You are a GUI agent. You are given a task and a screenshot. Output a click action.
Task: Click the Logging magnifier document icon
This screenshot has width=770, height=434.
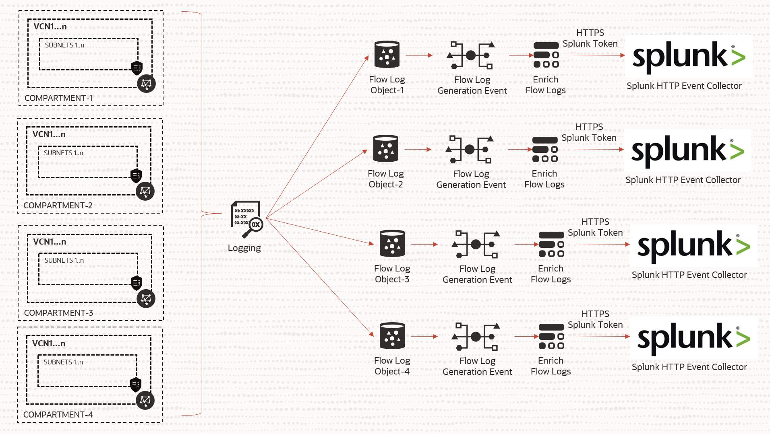point(246,219)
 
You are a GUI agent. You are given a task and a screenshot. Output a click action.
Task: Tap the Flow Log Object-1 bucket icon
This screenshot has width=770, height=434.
point(387,55)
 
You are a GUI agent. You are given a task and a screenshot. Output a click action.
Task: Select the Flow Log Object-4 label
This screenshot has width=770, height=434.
point(392,366)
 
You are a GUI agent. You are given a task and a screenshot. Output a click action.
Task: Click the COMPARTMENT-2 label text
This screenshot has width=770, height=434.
point(58,206)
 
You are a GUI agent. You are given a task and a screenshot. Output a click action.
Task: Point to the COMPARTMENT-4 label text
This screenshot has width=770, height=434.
point(58,415)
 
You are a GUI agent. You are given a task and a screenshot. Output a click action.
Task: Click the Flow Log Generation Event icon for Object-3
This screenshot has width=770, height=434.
point(476,244)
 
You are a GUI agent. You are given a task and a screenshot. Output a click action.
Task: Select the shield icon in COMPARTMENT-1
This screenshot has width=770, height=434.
point(137,68)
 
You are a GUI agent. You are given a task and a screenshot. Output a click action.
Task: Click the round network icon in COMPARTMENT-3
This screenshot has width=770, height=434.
point(146,299)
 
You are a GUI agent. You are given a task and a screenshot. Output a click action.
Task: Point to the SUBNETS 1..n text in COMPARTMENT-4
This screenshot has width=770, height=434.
point(63,362)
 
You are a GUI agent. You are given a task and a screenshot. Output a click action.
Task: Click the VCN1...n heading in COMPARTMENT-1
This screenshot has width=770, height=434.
point(50,27)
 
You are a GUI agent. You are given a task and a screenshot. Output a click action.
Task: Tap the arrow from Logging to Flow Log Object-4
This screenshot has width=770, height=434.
point(320,278)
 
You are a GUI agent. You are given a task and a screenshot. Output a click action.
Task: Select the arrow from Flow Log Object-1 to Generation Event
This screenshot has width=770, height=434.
point(419,55)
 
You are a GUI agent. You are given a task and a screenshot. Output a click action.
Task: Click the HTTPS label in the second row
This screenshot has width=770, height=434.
point(589,127)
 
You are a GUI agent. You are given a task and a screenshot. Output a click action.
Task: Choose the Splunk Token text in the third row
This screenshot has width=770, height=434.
point(595,232)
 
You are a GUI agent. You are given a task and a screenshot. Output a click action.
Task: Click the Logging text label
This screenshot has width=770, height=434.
point(244,248)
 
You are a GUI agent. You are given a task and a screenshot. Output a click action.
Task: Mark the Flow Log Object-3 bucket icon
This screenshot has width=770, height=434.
point(392,244)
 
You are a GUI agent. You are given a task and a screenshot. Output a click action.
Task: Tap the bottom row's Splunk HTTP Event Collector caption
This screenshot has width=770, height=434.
point(689,367)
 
